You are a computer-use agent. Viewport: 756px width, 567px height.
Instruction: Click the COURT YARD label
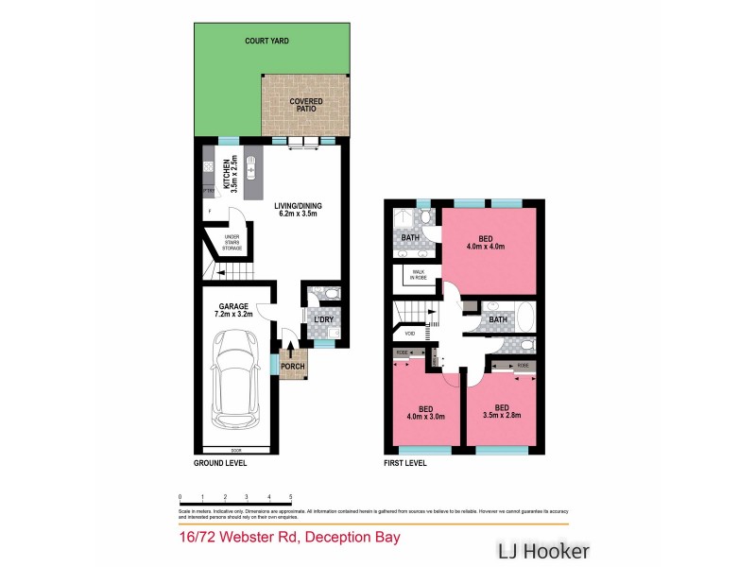[266, 42]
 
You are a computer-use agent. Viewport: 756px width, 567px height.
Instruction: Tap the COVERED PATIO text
[305, 105]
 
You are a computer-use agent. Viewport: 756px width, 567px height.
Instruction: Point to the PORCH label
[293, 367]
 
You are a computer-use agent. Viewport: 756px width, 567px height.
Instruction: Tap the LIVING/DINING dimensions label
[295, 209]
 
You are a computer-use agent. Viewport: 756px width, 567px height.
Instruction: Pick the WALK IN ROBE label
[418, 275]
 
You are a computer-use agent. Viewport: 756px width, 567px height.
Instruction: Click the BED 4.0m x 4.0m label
[485, 243]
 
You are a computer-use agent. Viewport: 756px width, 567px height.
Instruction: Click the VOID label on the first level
[409, 334]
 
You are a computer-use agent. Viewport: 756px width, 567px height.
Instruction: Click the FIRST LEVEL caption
[404, 464]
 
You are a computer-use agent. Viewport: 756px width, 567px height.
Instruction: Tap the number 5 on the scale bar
[290, 496]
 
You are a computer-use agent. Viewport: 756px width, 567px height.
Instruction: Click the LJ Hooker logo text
[543, 550]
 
